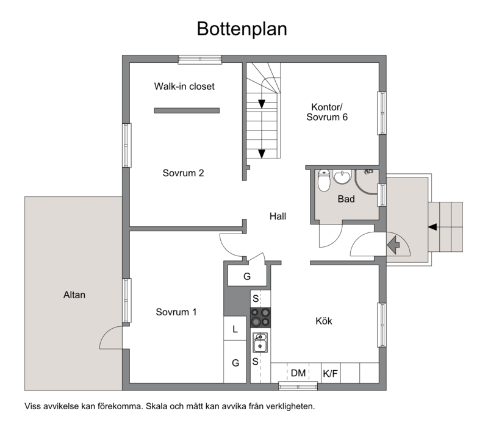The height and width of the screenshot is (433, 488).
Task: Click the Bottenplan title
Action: pos(242,29)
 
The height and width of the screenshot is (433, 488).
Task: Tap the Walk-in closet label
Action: pos(184,86)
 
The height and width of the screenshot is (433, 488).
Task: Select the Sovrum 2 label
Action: pos(184,173)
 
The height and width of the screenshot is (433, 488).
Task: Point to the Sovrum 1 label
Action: pos(176,312)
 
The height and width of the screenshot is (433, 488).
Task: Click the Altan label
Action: pos(74,295)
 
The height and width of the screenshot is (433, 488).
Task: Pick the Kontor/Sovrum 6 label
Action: pos(327,112)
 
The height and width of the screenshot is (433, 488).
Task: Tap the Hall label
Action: pos(278,216)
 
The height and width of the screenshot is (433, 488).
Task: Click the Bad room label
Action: pos(346,199)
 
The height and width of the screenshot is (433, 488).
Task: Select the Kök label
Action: pos(324,321)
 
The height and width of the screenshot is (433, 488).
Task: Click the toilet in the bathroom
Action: pos(324,181)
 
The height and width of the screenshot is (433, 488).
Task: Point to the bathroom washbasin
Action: pos(342,177)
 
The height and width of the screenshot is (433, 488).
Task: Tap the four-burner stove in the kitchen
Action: pos(260,318)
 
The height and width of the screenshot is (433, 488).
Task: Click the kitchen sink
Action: pos(260,343)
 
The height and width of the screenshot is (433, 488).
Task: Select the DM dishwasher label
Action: pos(298,373)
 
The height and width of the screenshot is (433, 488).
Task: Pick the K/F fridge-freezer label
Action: pos(330,373)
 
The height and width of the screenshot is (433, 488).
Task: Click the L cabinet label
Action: pos(235,329)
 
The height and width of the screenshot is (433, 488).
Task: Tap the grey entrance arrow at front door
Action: pos(393,245)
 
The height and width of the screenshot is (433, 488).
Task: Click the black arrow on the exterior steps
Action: pos(432,227)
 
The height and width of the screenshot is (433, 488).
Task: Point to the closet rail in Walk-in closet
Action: pos(187,110)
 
